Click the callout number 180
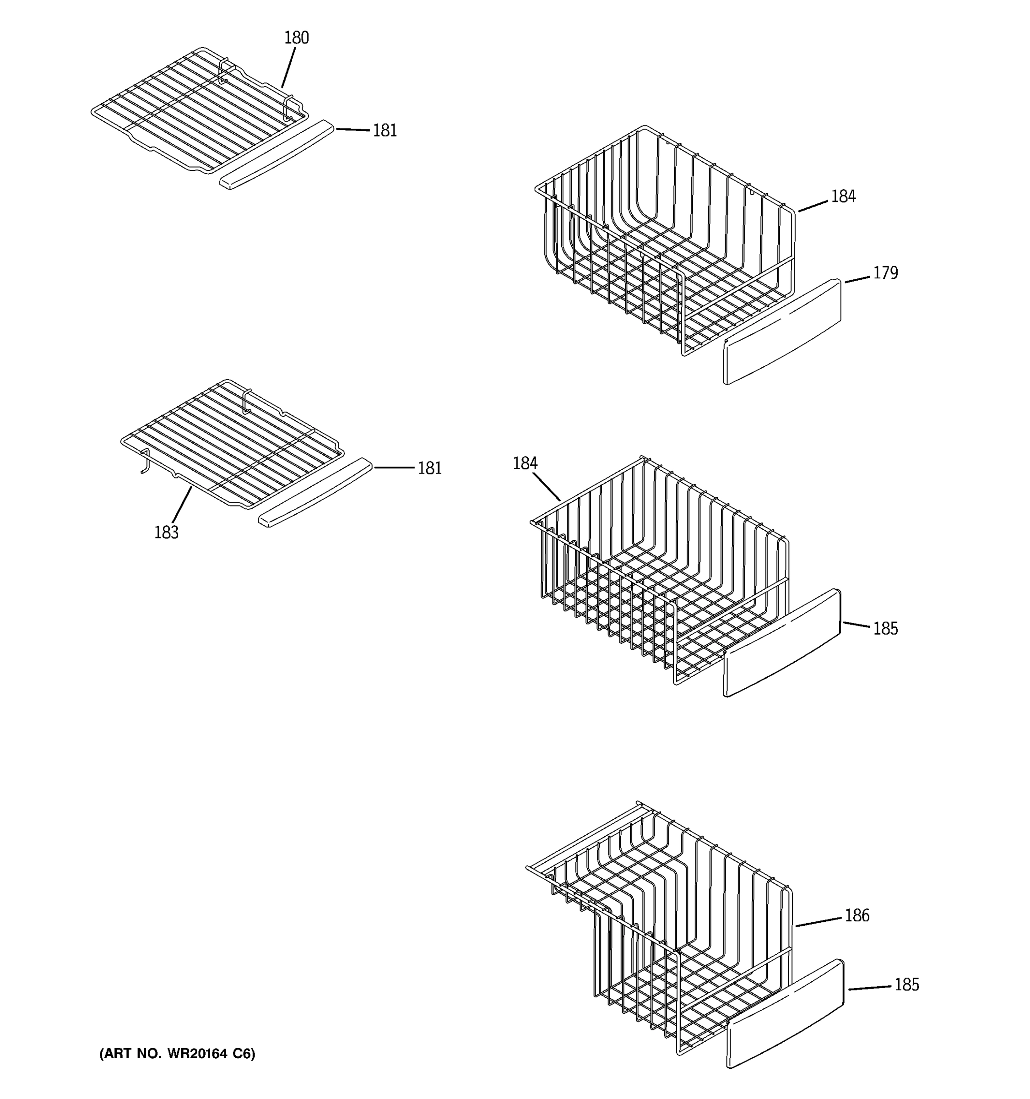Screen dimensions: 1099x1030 pyautogui.click(x=296, y=38)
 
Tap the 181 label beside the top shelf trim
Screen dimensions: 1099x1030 pyautogui.click(x=385, y=131)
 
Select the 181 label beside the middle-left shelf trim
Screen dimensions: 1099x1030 pyautogui.click(x=429, y=468)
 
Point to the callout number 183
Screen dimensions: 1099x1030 pyautogui.click(x=166, y=533)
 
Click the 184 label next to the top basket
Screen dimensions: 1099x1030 pyautogui.click(x=843, y=196)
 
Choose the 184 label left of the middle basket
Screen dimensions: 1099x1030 pyautogui.click(x=525, y=463)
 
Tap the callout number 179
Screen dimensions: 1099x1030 pyautogui.click(x=885, y=273)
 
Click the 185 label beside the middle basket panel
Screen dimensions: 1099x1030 pyautogui.click(x=885, y=629)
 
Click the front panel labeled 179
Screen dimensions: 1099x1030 pyautogui.click(x=782, y=332)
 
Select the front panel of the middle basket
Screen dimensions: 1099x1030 pyautogui.click(x=782, y=642)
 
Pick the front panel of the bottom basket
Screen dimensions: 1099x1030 pyautogui.click(x=785, y=1014)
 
